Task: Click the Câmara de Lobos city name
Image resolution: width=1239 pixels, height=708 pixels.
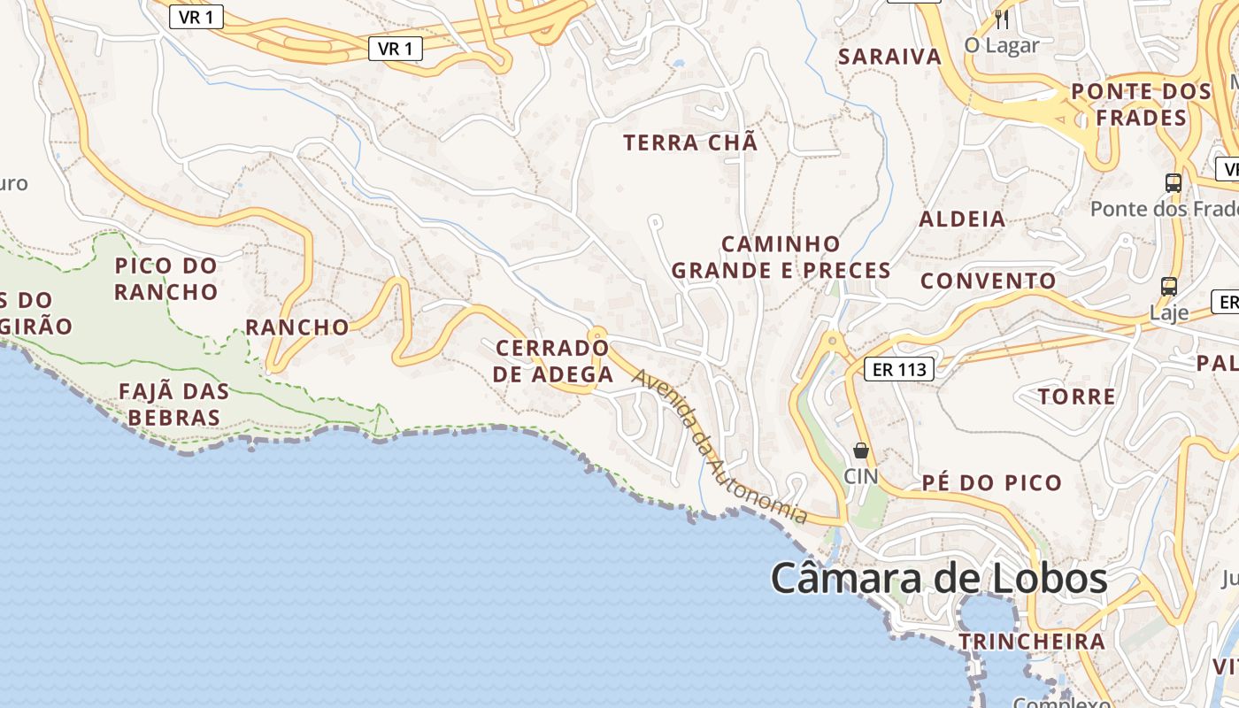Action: pyautogui.click(x=939, y=579)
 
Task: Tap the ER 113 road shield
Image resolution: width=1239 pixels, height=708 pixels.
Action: pyautogui.click(x=899, y=369)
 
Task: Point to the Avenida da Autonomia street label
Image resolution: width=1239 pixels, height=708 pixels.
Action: pyautogui.click(x=719, y=446)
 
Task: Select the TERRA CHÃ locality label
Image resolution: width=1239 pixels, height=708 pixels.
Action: pyautogui.click(x=690, y=142)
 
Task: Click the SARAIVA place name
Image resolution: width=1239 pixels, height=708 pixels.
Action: pyautogui.click(x=889, y=57)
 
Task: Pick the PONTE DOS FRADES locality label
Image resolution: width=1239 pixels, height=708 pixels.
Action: pyautogui.click(x=1140, y=104)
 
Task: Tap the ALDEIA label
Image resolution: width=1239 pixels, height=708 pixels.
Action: pyautogui.click(x=962, y=219)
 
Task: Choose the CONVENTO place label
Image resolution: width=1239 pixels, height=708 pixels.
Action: pyautogui.click(x=989, y=281)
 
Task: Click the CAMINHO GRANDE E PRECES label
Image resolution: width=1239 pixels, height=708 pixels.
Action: pyautogui.click(x=781, y=257)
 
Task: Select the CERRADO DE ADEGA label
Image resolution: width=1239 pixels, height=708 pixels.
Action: pyautogui.click(x=553, y=361)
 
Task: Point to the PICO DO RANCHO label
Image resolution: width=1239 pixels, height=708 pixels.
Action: pyautogui.click(x=166, y=278)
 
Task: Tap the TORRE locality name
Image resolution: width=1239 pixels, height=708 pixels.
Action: pyautogui.click(x=1076, y=396)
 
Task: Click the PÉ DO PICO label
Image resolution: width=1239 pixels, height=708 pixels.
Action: pyautogui.click(x=991, y=482)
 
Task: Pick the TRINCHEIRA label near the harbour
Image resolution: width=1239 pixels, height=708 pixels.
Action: pyautogui.click(x=1032, y=641)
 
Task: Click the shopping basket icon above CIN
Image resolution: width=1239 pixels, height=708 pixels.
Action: pyautogui.click(x=860, y=451)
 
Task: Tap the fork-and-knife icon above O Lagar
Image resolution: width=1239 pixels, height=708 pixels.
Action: pyautogui.click(x=1002, y=19)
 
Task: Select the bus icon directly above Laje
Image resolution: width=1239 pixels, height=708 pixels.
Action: pyautogui.click(x=1169, y=287)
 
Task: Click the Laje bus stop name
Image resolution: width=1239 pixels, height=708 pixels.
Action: pyautogui.click(x=1169, y=312)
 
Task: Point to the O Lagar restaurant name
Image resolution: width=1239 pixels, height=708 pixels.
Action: pyautogui.click(x=1002, y=45)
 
